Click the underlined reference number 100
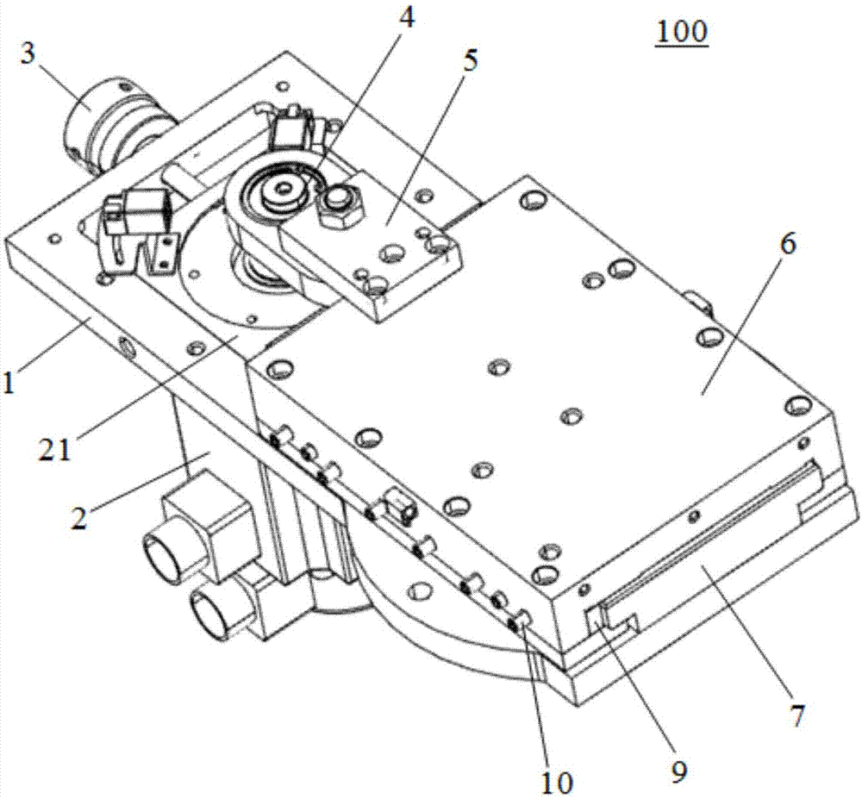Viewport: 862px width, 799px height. point(681,32)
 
